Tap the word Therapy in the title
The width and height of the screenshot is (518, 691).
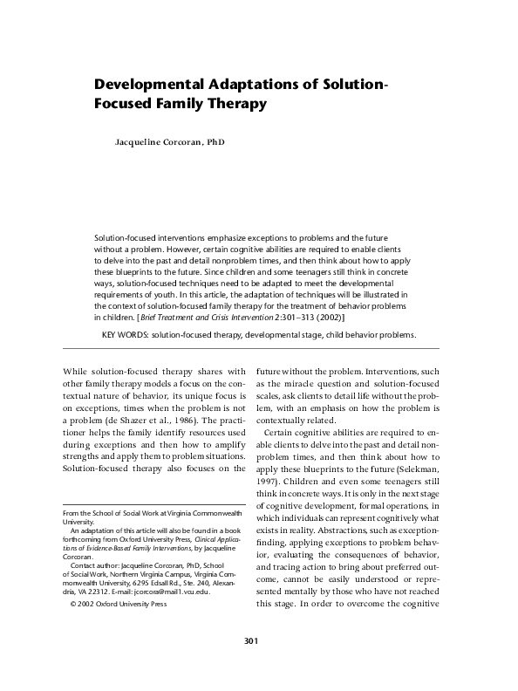235,105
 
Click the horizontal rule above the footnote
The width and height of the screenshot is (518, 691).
144,504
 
